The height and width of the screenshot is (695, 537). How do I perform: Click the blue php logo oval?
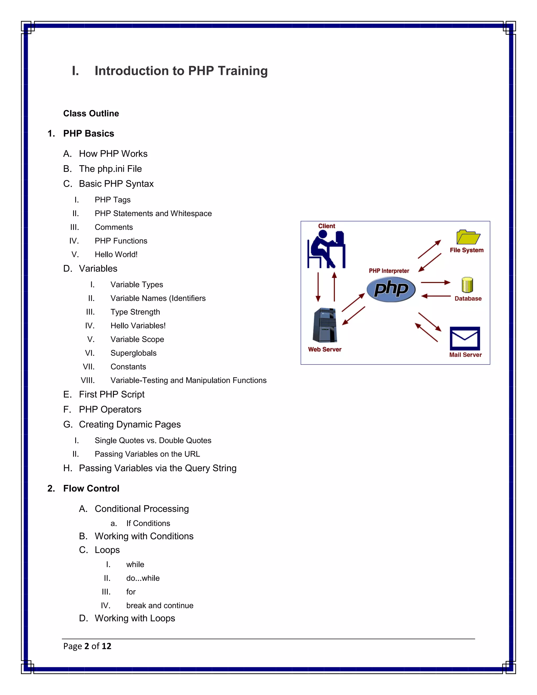[391, 289]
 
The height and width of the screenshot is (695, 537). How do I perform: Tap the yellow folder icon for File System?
[468, 237]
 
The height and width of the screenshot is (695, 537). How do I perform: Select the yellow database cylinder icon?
[467, 285]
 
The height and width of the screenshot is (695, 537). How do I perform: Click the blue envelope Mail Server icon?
[465, 338]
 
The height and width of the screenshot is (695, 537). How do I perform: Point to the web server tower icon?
[325, 325]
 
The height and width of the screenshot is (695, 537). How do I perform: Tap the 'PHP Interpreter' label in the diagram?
[389, 271]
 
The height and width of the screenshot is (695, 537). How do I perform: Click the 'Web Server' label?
[325, 349]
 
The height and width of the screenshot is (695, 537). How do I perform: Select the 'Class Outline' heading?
[91, 114]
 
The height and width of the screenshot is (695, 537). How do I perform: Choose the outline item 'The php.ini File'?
[110, 169]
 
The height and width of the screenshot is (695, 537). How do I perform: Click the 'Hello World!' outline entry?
[116, 255]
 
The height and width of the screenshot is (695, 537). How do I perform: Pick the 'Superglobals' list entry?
[133, 353]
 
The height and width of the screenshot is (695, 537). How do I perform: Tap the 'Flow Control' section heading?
[91, 489]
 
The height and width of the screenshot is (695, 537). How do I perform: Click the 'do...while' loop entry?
[143, 578]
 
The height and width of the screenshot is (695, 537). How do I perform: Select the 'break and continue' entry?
[160, 606]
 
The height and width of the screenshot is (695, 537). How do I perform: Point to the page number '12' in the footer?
[106, 646]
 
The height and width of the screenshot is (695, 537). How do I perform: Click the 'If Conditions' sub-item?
[148, 523]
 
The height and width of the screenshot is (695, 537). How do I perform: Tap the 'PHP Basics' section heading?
[88, 134]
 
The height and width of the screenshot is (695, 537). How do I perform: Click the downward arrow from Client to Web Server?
[318, 286]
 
